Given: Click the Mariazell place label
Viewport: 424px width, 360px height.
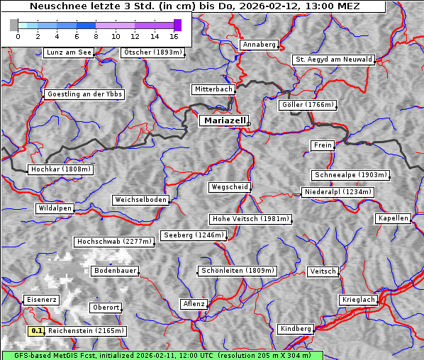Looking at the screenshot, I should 223,120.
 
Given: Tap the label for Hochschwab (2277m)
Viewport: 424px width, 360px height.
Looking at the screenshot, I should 114,242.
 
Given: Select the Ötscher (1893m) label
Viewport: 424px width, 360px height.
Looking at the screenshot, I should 152,52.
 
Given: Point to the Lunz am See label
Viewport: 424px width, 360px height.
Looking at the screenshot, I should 69,52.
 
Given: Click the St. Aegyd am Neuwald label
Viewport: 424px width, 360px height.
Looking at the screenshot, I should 333,60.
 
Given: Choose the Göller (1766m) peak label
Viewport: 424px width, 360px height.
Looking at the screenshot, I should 308,105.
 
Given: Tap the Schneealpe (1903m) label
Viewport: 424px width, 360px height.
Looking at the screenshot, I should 350,175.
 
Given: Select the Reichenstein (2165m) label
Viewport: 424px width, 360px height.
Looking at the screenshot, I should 87,331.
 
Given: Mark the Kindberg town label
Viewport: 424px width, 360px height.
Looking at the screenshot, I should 296,329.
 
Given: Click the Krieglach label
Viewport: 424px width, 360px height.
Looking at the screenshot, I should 358,300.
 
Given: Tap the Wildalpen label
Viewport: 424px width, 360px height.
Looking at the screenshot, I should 55,208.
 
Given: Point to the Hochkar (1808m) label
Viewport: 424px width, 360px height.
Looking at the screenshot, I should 61,169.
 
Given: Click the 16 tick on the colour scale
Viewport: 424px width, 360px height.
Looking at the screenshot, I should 174,36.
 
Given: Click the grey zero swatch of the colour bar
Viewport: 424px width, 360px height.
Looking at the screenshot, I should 14,25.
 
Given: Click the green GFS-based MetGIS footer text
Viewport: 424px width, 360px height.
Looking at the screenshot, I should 162,355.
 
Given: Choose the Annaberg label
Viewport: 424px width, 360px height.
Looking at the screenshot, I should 259,45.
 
